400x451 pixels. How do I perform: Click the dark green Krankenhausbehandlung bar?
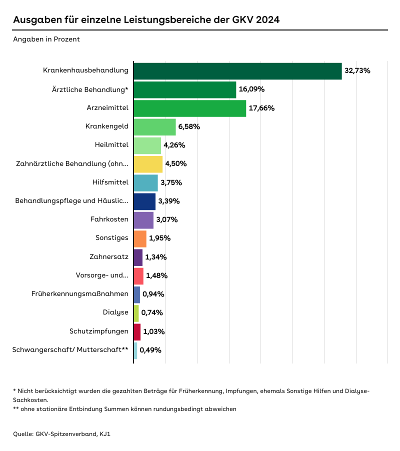point(237,71)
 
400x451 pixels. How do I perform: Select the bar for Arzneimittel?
point(190,108)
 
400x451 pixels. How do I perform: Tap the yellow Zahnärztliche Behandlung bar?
point(148,164)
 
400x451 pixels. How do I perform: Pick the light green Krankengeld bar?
point(154,127)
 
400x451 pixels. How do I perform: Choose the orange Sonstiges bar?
point(140,238)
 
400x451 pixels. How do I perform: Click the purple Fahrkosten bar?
point(143,220)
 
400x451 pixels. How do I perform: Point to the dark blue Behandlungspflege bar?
point(144,201)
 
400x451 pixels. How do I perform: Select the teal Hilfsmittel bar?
point(145,183)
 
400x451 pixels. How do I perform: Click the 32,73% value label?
point(357,71)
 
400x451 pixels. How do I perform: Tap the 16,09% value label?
point(251,89)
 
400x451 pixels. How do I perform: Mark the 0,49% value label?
point(150,350)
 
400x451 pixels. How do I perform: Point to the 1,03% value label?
point(154,331)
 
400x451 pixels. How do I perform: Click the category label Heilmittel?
point(111,145)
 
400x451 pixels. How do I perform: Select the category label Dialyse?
point(115,313)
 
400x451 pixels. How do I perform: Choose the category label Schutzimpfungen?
point(103,331)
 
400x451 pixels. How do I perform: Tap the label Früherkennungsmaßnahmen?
point(80,294)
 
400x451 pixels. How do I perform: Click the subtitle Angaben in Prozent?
point(46,39)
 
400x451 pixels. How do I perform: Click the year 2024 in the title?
point(262,20)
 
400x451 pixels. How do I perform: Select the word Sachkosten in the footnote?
point(30,400)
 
